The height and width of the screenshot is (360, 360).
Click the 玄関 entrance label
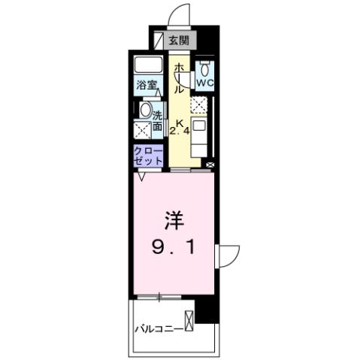tap(178, 41)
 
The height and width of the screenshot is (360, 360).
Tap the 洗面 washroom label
tap(159, 122)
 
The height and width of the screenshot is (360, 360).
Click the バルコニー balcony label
tap(159, 328)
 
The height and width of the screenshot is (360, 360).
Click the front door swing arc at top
tap(177, 15)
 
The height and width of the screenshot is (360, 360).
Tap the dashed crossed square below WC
tap(199, 104)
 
